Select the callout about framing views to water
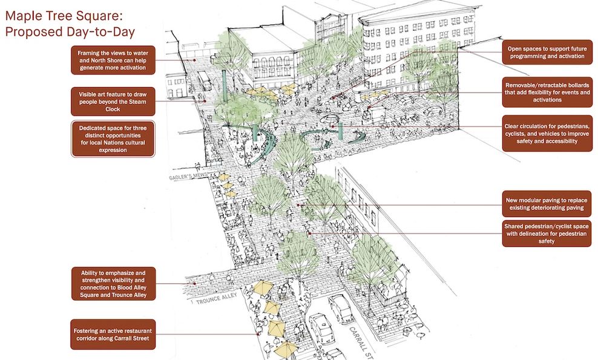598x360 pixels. click(x=113, y=60)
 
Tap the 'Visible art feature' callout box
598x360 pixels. click(x=113, y=102)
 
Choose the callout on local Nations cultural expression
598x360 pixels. click(x=113, y=139)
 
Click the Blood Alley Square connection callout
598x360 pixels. click(x=113, y=284)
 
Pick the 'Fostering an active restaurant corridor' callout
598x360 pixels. click(x=113, y=334)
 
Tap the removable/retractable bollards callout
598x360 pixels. click(x=547, y=92)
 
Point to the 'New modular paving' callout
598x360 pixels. click(x=547, y=203)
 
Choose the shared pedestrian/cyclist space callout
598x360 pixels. click(x=547, y=234)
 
